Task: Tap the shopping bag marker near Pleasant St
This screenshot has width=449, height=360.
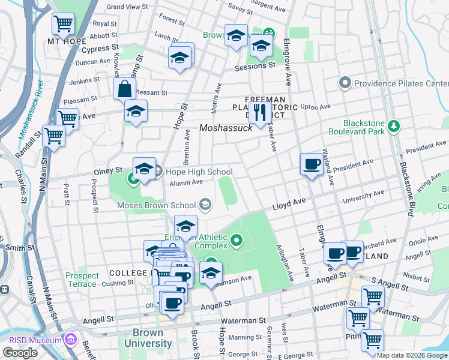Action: coord(124,89)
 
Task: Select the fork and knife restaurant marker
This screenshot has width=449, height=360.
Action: coord(260,112)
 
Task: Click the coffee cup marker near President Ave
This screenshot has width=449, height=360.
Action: coord(312,164)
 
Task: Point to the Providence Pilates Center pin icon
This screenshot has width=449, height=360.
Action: coord(345,83)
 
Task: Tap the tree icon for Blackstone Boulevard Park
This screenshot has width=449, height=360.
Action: coord(394,125)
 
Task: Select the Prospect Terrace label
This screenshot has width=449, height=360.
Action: coord(82,279)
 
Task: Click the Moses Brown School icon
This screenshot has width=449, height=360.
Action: coord(206,205)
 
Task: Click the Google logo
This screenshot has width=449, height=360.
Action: coord(20,353)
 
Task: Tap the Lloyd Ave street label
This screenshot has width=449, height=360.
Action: coord(290,205)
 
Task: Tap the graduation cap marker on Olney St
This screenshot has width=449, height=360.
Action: coord(144,170)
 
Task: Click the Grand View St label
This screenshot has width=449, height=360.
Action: coord(127,7)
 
